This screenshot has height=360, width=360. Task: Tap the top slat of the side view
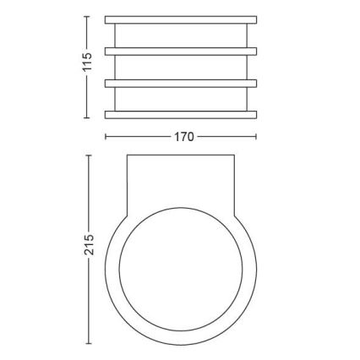180,18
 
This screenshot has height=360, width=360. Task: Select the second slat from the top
180,51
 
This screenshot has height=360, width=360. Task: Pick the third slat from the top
180,83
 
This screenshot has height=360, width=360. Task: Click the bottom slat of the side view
180,114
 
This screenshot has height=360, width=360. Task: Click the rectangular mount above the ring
180,182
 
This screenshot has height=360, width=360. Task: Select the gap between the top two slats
180,34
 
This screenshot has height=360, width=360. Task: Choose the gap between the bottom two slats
180,99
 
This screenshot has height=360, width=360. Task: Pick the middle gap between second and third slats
180,67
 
